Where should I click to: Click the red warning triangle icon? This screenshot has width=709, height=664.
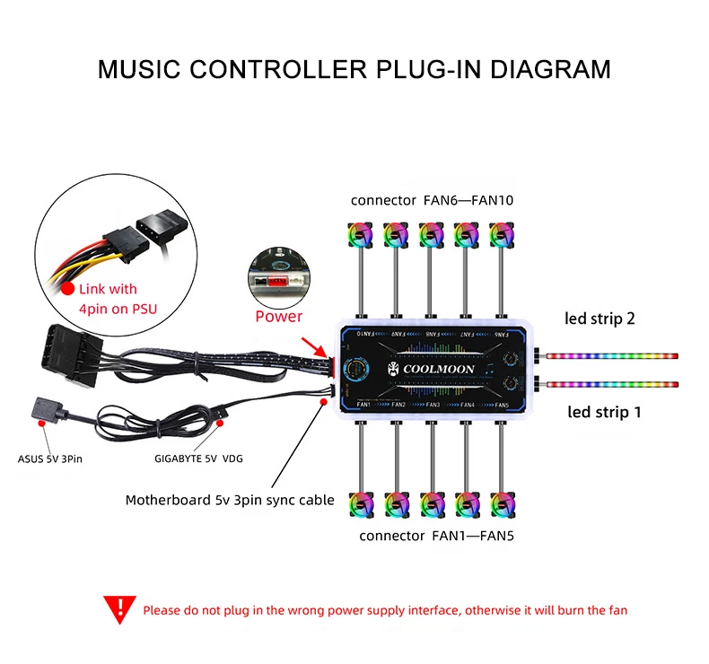coord(117,609)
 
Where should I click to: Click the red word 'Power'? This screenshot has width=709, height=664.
coord(279,316)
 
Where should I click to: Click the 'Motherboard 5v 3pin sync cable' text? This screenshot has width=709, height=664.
coord(230,500)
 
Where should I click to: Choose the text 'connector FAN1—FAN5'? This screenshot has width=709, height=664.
coord(436,536)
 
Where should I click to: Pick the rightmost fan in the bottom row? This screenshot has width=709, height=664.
coord(502,505)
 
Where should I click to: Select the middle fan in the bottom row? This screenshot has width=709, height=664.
coord(431,505)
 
